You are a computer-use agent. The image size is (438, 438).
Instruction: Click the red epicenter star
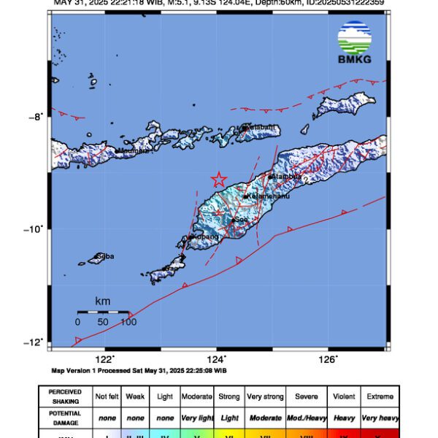218,179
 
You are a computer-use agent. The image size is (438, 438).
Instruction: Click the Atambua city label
286,177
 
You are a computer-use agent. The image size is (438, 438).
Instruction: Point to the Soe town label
239,219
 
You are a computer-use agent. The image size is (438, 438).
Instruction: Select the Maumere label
132,151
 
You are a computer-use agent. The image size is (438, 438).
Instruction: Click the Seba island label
105,256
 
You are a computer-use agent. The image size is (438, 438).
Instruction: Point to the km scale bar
103,312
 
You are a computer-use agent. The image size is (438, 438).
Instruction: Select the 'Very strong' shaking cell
265,396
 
